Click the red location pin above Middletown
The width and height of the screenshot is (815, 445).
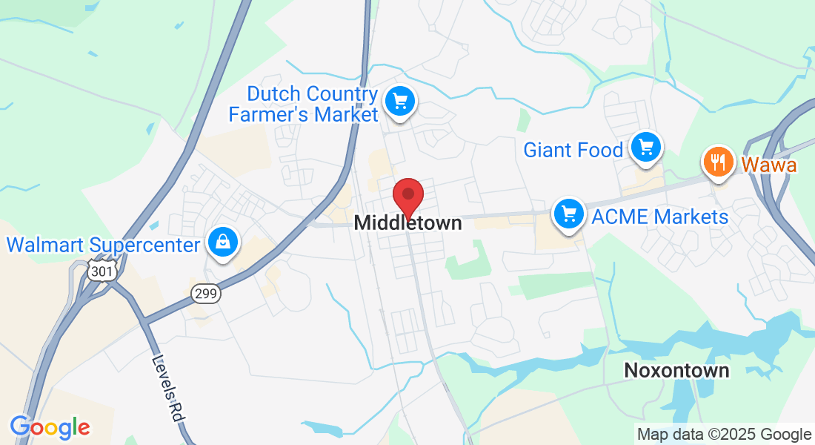point(408,196)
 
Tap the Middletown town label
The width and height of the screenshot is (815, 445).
point(408,222)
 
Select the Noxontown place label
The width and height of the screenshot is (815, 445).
point(676,370)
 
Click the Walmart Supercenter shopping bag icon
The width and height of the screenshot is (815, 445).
point(222,242)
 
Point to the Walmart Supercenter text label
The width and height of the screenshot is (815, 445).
point(104,245)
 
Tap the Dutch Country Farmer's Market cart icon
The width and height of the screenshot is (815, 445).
point(400,100)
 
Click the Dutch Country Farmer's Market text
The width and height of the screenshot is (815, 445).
point(304,105)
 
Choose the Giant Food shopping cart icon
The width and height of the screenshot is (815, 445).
point(645,147)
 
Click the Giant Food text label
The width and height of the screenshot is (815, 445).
point(573,151)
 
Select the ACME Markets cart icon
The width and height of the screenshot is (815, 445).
point(569,214)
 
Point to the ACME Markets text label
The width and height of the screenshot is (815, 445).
point(660,217)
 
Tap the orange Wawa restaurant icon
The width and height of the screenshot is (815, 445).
point(717,161)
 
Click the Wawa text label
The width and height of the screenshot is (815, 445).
point(769,165)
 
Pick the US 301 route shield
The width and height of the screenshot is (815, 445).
point(102,271)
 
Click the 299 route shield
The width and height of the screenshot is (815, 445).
point(205,294)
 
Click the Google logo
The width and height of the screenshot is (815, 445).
point(50,427)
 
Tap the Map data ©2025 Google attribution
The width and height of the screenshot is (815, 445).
point(725,435)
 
